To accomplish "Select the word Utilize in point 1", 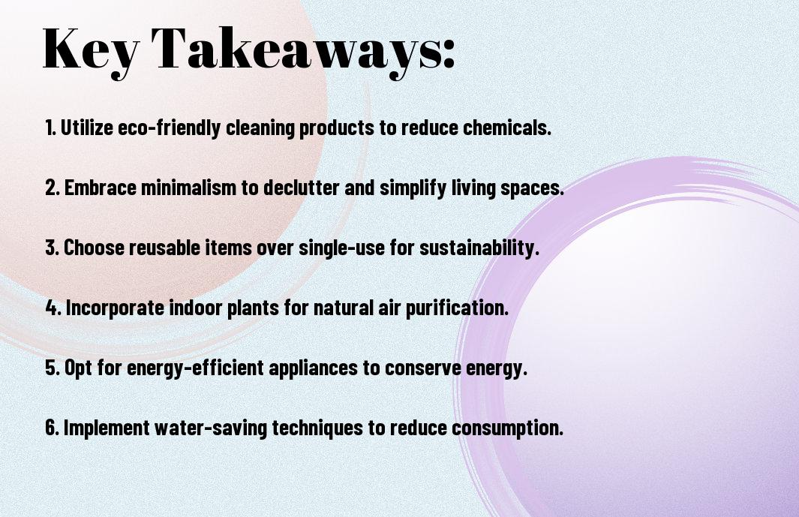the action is click(86, 128).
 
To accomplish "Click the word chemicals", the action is click(507, 128).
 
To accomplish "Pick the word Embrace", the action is click(101, 188).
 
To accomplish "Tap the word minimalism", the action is click(188, 188).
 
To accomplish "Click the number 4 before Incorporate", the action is click(53, 308).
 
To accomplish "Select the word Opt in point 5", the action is click(78, 368).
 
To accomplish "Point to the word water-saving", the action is click(211, 428).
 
